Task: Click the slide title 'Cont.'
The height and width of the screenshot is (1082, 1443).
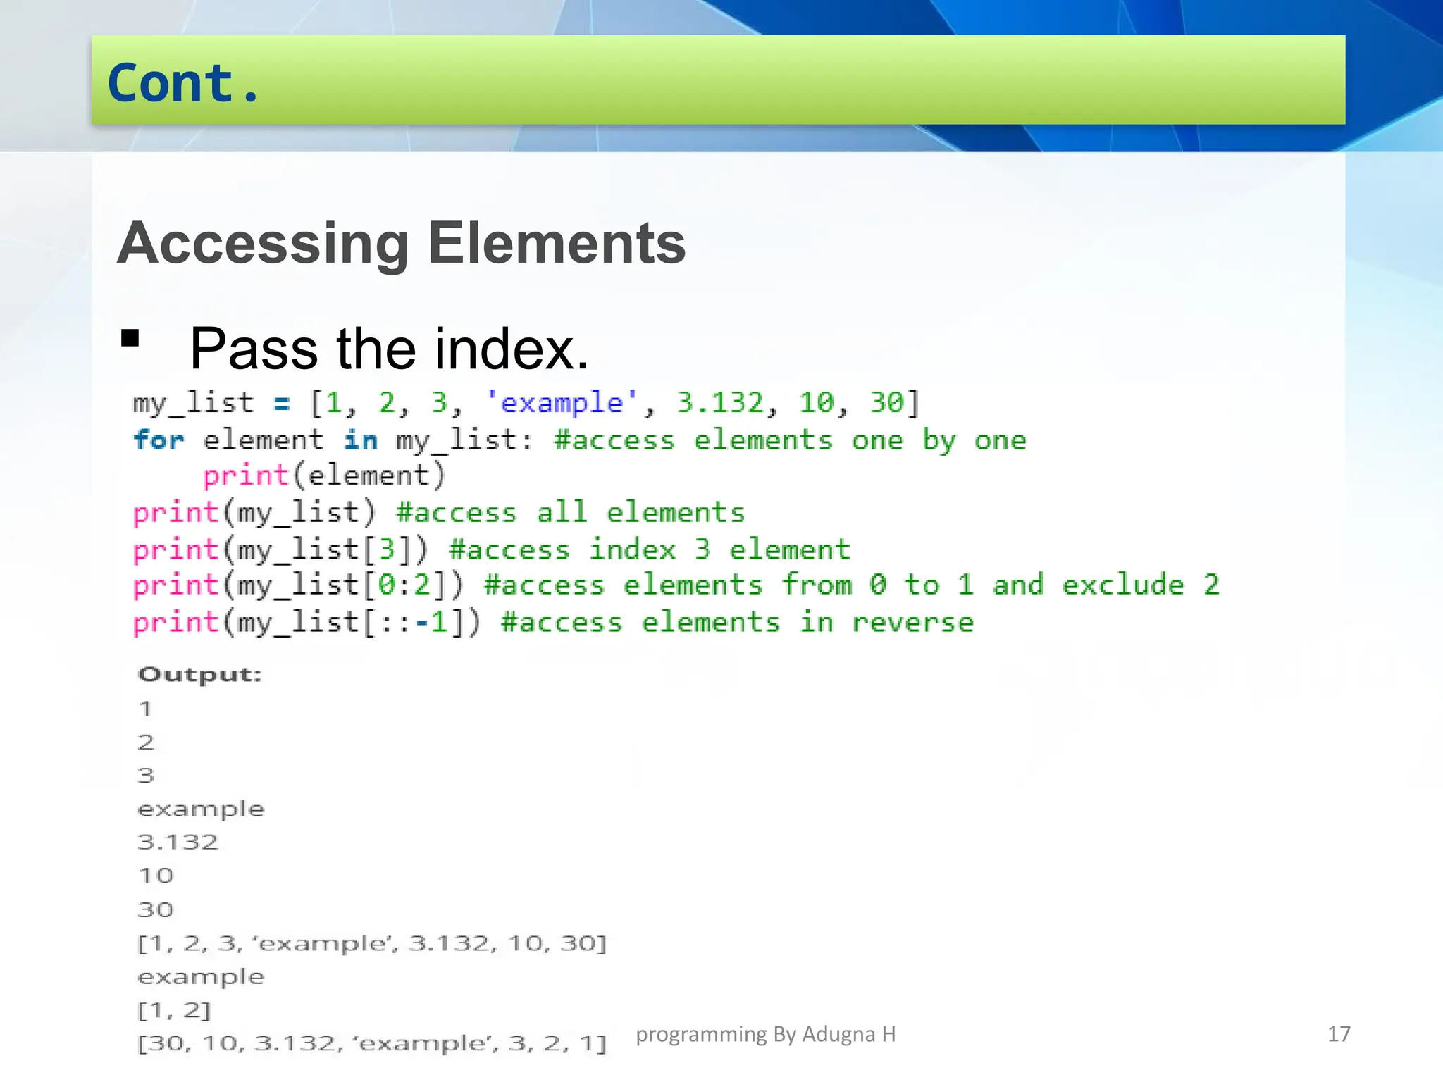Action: (x=184, y=83)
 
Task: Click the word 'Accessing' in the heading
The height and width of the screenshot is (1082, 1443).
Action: (x=263, y=244)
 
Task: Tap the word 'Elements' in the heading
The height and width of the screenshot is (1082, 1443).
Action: (x=557, y=244)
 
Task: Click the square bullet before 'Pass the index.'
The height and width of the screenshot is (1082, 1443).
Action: (x=130, y=339)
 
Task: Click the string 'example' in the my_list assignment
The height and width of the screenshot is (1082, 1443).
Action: (x=562, y=403)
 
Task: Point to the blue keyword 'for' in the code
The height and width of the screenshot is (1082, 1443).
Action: (x=159, y=440)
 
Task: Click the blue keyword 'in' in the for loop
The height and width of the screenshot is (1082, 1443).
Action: (x=360, y=440)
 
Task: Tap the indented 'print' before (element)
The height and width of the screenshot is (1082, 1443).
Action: (x=246, y=475)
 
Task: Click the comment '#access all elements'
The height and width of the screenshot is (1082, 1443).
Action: (x=570, y=513)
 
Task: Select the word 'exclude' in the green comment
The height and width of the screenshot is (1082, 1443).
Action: (x=1122, y=585)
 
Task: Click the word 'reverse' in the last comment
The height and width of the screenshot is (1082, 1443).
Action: (x=912, y=623)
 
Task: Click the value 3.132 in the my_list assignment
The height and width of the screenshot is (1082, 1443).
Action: (x=720, y=403)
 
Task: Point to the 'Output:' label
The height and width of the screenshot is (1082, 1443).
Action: (x=200, y=674)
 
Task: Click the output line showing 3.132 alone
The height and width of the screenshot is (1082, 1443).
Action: (x=178, y=842)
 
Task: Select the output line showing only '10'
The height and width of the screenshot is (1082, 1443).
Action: (x=156, y=876)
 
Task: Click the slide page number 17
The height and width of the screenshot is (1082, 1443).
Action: (x=1339, y=1034)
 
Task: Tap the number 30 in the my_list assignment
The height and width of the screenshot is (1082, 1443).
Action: (x=886, y=403)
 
